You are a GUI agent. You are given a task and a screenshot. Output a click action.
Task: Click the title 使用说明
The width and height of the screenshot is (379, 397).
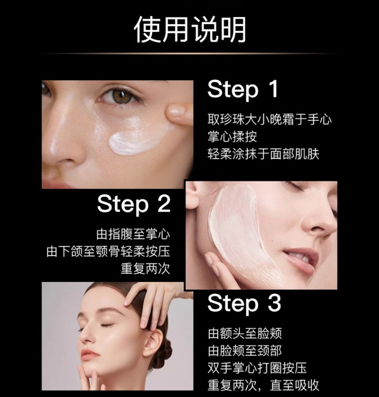point(190,30)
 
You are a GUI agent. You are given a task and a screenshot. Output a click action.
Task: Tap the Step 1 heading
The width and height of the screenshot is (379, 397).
point(243,90)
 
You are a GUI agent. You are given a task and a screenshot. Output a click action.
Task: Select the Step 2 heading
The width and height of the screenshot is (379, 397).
point(134,205)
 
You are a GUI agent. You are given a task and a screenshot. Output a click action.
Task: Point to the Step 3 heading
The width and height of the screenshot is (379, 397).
point(244,303)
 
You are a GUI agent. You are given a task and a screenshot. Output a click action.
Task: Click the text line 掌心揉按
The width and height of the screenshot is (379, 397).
point(232,137)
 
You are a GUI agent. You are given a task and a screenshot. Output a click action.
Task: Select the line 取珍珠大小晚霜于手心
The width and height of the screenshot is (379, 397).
point(270,119)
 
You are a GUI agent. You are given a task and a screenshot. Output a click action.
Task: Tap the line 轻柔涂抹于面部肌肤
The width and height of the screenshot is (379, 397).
point(263,154)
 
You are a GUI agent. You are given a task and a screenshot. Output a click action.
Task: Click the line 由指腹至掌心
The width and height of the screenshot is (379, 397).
point(133,234)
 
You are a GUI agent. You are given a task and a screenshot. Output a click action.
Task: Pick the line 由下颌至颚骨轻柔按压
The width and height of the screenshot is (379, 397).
point(108,252)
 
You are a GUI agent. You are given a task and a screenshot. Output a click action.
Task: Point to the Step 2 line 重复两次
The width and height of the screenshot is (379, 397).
point(145,269)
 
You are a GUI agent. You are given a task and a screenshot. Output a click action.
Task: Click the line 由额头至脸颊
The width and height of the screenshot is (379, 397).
point(245,334)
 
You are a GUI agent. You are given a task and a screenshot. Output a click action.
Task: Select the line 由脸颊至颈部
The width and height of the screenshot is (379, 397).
point(245,351)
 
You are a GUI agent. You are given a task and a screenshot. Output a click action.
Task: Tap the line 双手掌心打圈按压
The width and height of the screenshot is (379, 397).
point(257,368)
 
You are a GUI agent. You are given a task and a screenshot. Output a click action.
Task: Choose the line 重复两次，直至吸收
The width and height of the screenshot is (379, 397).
point(263,385)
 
